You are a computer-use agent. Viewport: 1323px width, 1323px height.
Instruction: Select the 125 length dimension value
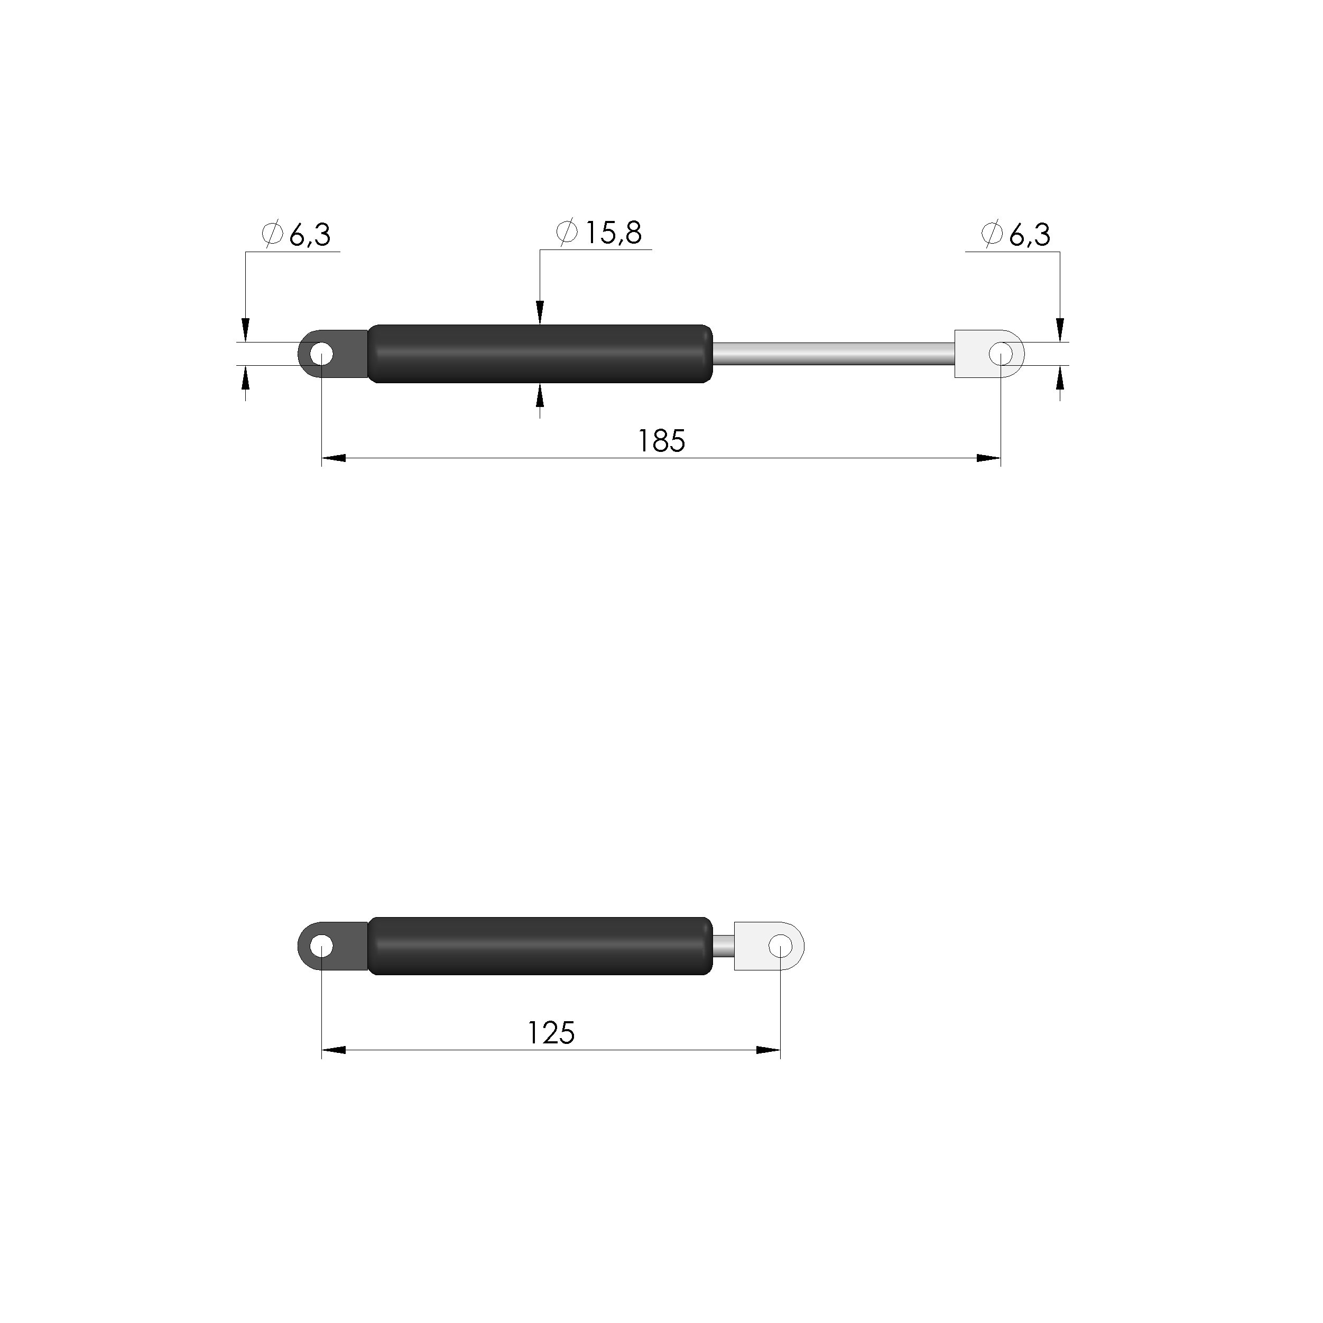click(x=551, y=1033)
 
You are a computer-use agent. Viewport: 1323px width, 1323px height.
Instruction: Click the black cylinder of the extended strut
click(x=540, y=354)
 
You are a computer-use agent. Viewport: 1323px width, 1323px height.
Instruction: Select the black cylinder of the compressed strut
click(x=540, y=946)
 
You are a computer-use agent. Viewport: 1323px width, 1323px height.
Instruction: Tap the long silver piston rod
click(x=834, y=354)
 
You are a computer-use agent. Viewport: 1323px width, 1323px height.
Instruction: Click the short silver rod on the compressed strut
click(x=724, y=946)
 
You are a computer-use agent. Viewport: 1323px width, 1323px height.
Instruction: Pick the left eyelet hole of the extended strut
click(x=321, y=355)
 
